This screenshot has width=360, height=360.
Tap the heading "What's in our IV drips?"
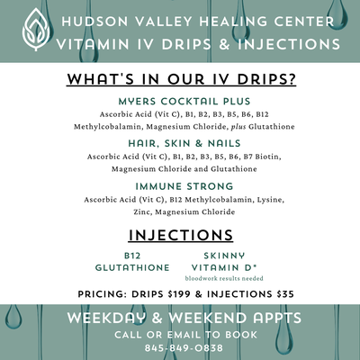[179, 79]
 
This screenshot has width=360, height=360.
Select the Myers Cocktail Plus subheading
[184, 102]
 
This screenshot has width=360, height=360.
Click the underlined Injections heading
[181, 235]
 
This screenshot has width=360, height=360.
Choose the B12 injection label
[133, 256]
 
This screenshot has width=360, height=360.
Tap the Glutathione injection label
[132, 267]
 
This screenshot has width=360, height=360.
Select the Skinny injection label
[225, 256]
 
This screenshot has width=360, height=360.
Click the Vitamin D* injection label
[225, 267]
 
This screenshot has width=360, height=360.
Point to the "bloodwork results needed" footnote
[224, 279]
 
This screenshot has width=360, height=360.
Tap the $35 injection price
[283, 293]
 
